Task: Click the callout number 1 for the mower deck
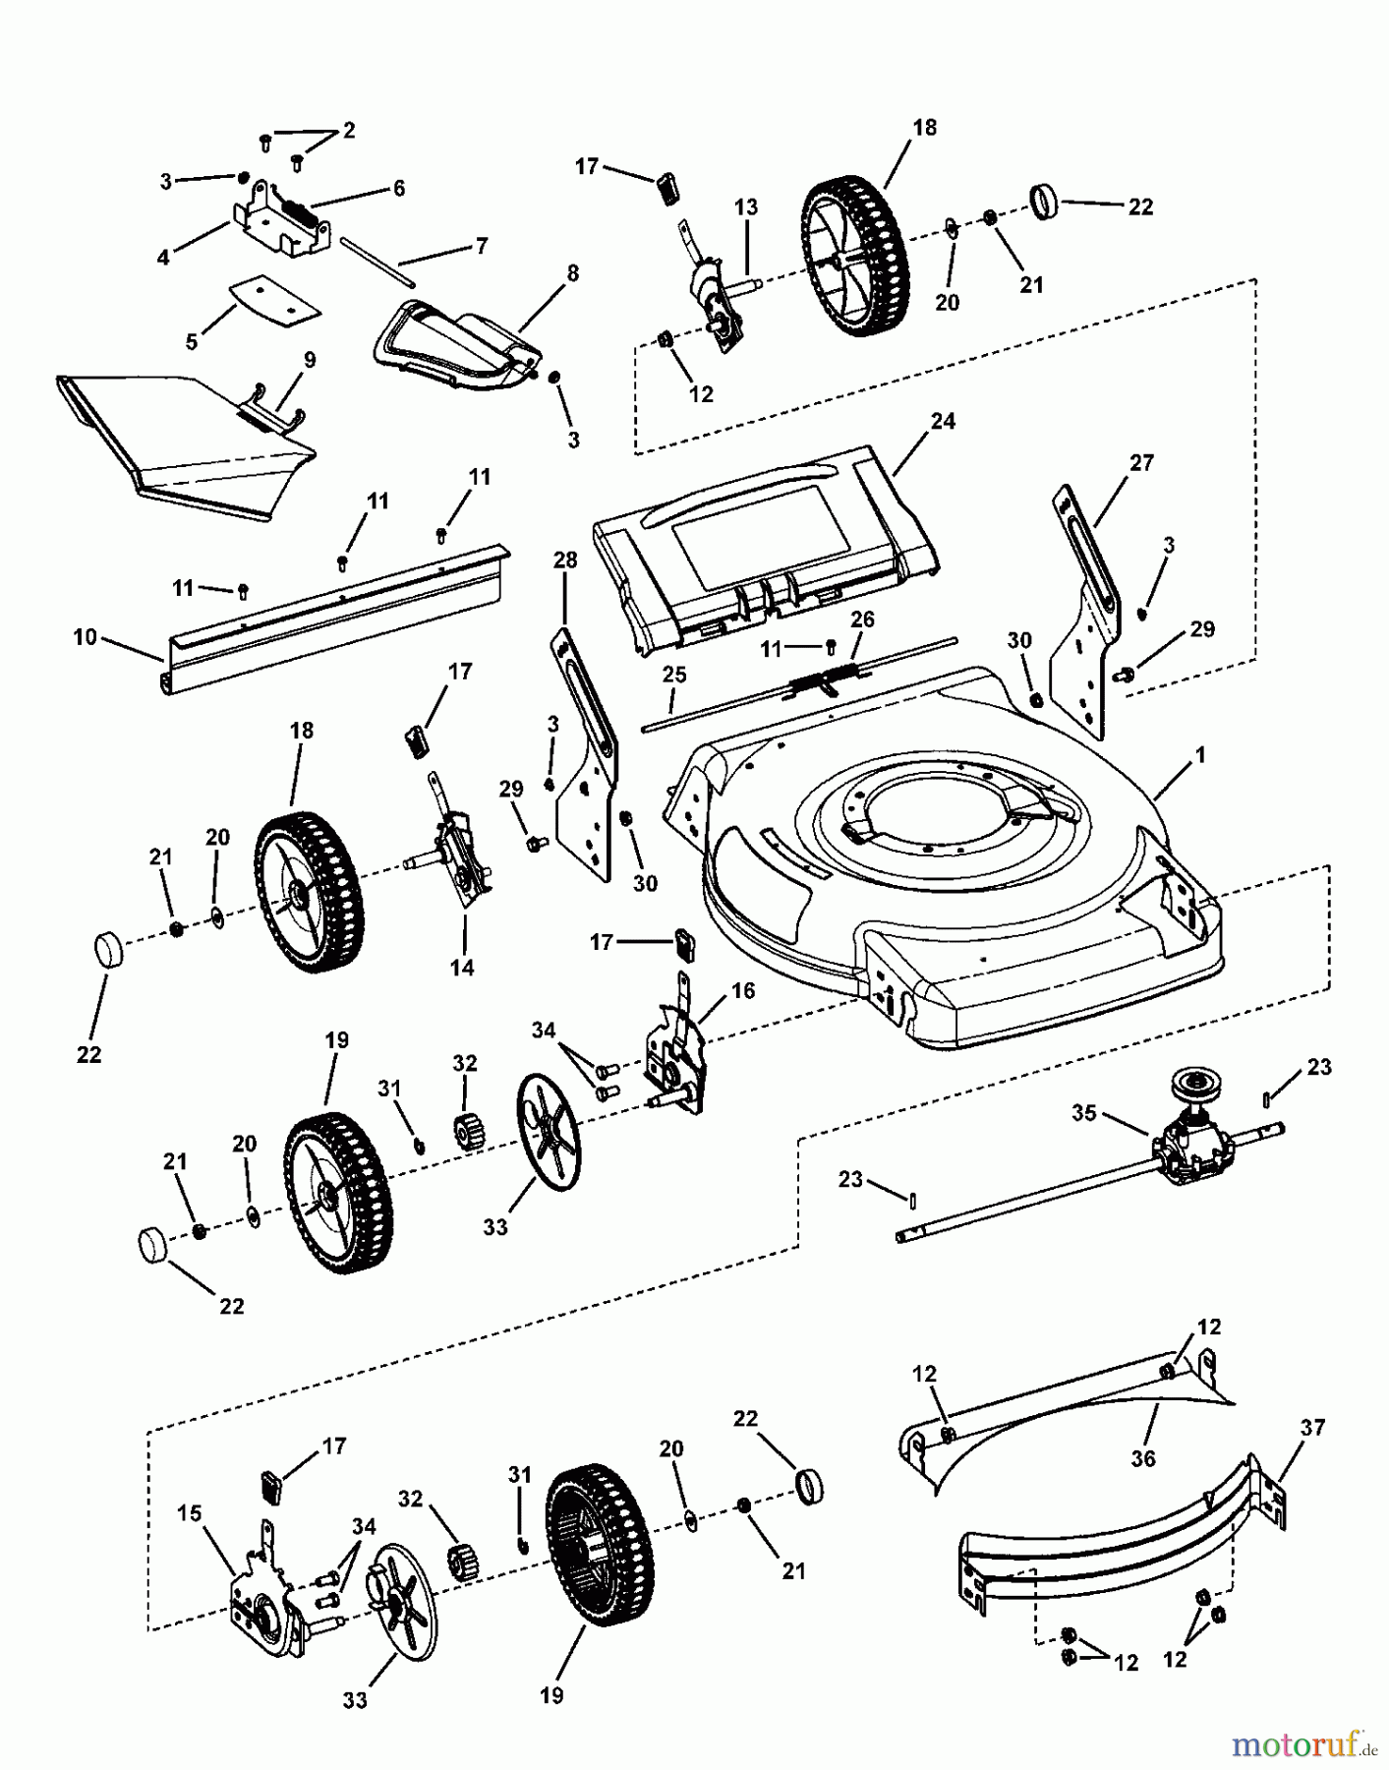click(x=1200, y=756)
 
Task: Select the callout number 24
click(x=943, y=421)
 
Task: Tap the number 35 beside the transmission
click(x=1084, y=1113)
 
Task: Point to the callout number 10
click(x=85, y=637)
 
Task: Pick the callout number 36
click(x=1142, y=1458)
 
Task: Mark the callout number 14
click(x=462, y=968)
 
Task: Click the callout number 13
click(x=746, y=206)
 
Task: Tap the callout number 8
click(x=573, y=272)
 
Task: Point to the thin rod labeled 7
click(x=378, y=263)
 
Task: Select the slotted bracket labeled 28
click(x=585, y=757)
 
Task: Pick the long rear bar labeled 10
click(x=334, y=619)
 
